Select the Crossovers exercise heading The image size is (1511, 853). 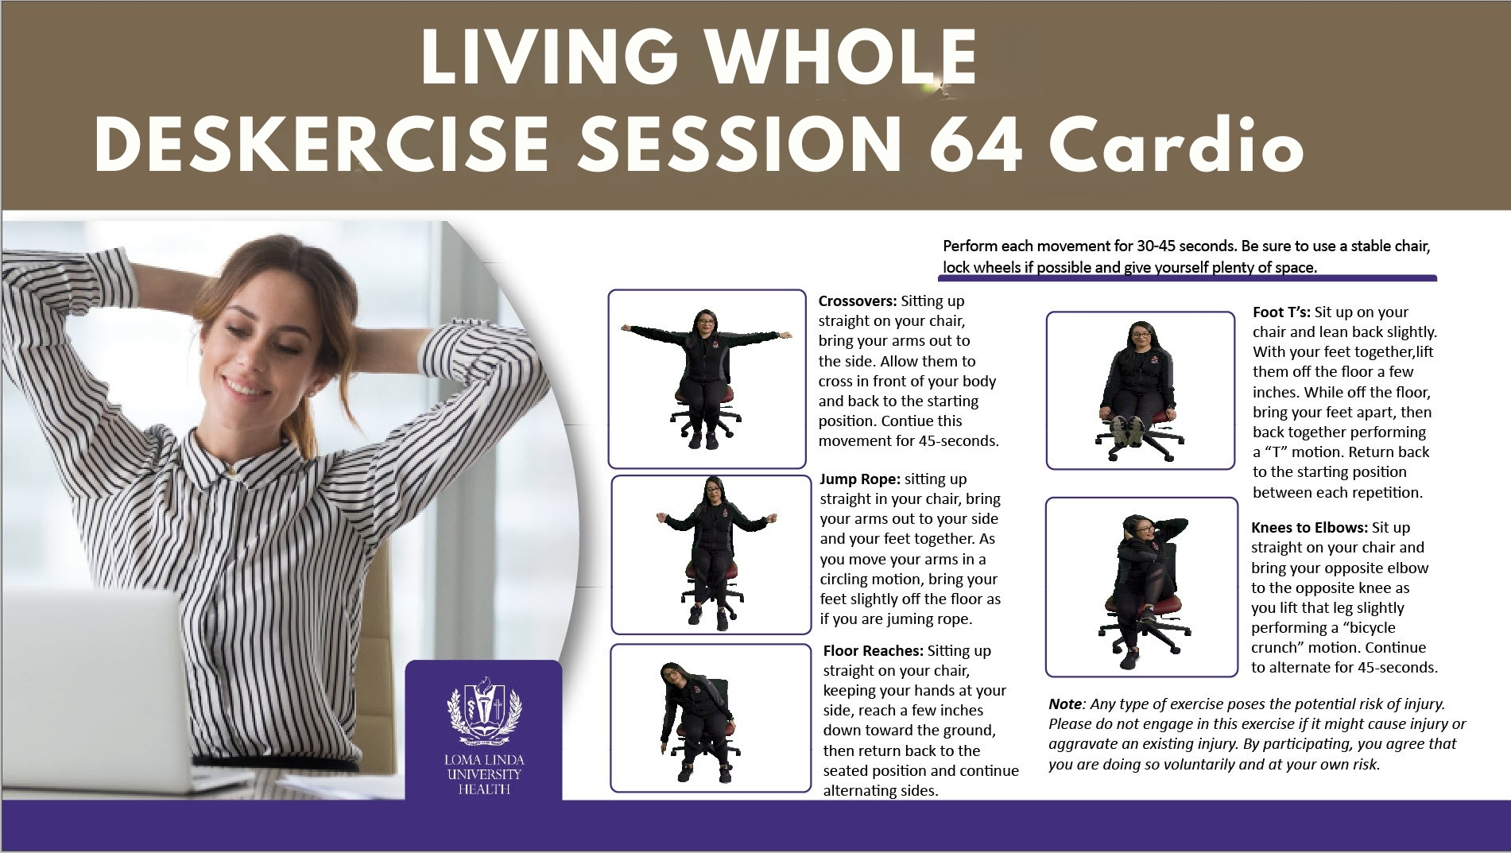click(x=858, y=301)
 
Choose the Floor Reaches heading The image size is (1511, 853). click(x=874, y=651)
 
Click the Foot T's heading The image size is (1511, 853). click(x=1282, y=312)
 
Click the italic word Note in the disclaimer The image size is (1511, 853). click(x=1065, y=704)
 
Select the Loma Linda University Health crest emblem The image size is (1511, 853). click(x=483, y=711)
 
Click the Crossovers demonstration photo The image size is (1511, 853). click(x=707, y=378)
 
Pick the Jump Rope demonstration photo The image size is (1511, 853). click(x=711, y=554)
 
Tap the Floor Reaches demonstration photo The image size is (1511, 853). click(x=711, y=719)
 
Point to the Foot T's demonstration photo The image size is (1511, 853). click(x=1141, y=390)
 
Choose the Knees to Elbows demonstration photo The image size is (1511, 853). click(x=1141, y=587)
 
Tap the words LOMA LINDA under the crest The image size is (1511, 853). click(x=483, y=761)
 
